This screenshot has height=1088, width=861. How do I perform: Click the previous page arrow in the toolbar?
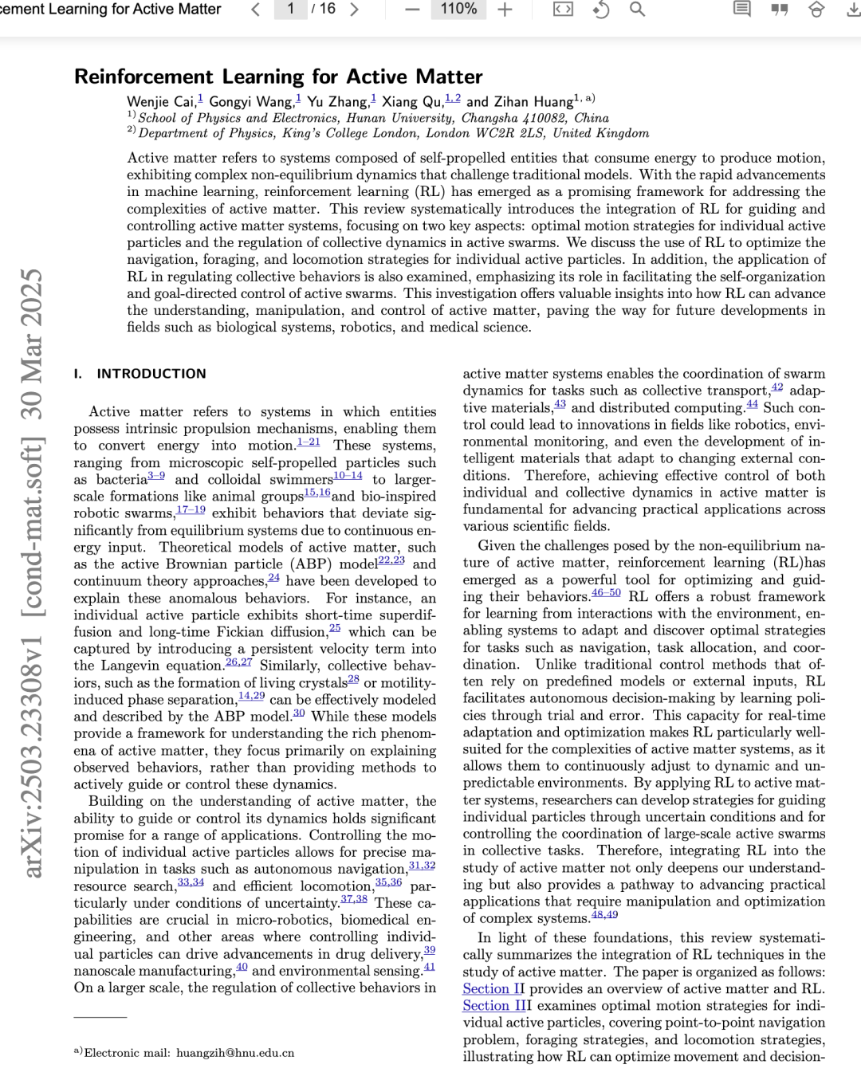coord(256,10)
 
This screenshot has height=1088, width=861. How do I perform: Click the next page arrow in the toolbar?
coord(355,10)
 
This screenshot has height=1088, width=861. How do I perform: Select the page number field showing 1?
coord(291,9)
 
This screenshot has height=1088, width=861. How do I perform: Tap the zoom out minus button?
coord(412,10)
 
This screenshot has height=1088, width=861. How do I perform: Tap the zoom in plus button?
coord(505,10)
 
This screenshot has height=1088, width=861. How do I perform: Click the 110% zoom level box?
coord(458,9)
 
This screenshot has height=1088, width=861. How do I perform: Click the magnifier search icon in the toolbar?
coord(637,10)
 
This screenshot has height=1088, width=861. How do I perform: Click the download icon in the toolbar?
coord(853,10)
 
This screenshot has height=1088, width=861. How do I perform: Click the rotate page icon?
coord(601,10)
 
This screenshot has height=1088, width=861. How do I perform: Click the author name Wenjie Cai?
coord(161,102)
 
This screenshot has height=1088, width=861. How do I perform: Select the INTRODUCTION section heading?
coord(151,374)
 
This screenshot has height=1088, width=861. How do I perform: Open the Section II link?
coord(493,989)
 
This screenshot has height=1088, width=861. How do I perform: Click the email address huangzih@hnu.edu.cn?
coord(235,1053)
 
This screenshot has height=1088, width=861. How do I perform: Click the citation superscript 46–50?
coord(606,593)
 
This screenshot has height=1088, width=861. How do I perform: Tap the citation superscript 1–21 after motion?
coord(309,442)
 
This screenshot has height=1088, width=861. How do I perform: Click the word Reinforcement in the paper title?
coord(144,77)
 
